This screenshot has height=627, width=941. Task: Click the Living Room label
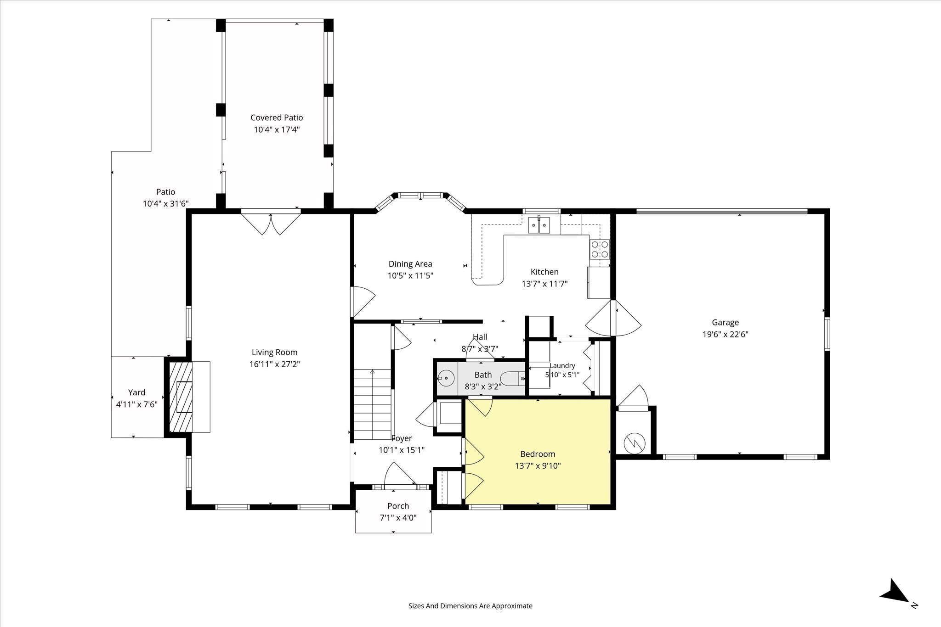(x=274, y=353)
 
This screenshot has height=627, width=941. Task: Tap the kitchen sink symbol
(x=539, y=224)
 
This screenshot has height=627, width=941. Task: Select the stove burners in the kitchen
(x=600, y=249)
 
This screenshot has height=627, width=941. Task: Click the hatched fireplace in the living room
(x=181, y=397)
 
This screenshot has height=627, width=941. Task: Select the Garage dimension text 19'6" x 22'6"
(x=726, y=335)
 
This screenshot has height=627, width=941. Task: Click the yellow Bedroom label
(x=538, y=454)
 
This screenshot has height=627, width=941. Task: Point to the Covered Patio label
(x=277, y=118)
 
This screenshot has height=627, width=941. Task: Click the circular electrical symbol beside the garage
(x=635, y=443)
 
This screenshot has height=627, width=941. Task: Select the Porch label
(x=398, y=506)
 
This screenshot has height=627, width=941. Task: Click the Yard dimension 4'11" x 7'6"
(x=137, y=404)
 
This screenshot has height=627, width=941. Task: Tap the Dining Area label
(x=410, y=264)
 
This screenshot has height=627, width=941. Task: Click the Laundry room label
(x=562, y=366)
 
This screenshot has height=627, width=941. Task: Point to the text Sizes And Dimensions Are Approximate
(x=470, y=606)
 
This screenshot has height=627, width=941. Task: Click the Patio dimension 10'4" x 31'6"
(x=166, y=204)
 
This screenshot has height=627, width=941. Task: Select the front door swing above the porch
(x=399, y=474)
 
